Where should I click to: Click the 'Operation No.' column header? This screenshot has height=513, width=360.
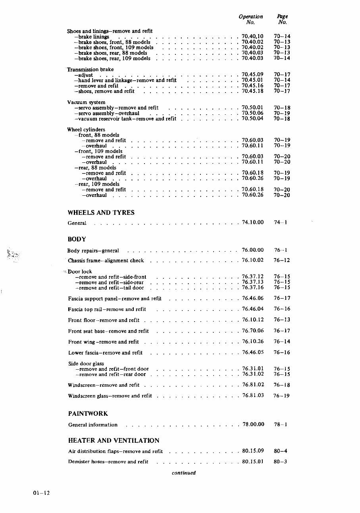[x=251, y=19]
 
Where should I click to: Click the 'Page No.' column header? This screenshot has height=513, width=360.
[x=282, y=19]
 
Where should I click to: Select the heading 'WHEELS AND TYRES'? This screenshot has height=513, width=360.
[x=101, y=212]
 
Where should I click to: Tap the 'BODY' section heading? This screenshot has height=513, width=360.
[x=77, y=239]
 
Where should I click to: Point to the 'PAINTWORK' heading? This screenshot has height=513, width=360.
[x=88, y=414]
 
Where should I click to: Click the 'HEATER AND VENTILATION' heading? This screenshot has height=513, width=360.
[x=114, y=440]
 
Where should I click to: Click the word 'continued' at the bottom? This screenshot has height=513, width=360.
[x=184, y=473]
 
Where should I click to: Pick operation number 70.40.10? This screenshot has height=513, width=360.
[x=252, y=37]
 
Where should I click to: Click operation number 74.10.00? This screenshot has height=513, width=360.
[x=253, y=222]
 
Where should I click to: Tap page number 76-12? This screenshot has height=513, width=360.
[x=282, y=260]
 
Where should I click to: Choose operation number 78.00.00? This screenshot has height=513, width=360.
[x=253, y=424]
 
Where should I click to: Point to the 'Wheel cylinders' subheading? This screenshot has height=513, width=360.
[x=86, y=129]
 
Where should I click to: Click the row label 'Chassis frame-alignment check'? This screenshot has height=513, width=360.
[x=106, y=261]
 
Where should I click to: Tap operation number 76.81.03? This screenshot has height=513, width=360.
[x=253, y=395]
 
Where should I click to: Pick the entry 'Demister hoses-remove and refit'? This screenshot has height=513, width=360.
[x=108, y=462]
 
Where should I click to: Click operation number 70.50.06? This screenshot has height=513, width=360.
[x=252, y=113]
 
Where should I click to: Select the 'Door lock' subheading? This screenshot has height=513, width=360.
[x=80, y=272]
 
